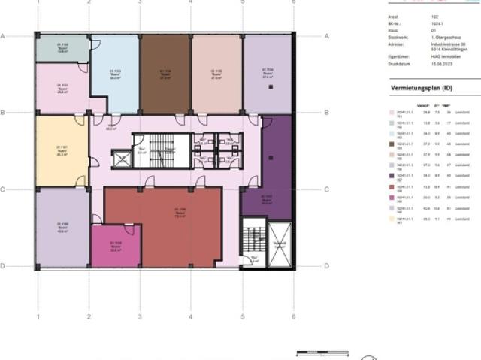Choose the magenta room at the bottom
coord(116,245)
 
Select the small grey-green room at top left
coord(62,48)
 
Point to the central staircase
coord(160,151)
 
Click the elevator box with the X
coord(121,159)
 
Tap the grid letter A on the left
coord(3,36)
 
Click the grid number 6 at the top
coord(293,2)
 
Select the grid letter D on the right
coord(325,266)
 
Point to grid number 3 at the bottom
coord(140,317)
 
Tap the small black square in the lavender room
coord(270,88)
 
